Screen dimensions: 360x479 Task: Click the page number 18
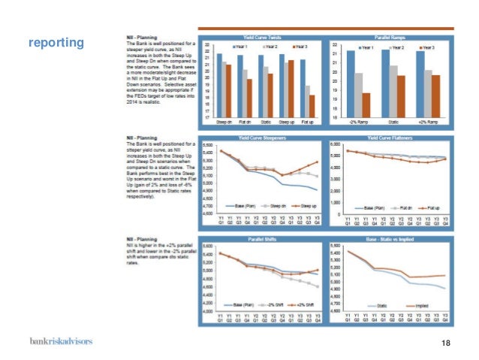(447, 343)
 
